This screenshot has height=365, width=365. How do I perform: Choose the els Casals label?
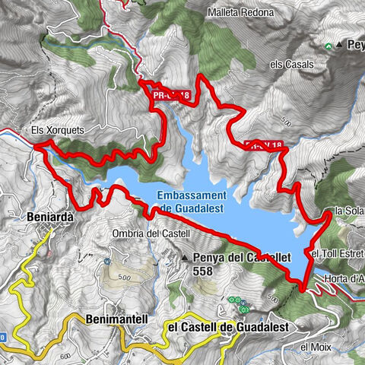pos(292,65)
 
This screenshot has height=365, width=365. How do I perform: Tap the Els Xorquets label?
pos(57,130)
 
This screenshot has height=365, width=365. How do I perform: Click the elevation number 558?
pos(203,271)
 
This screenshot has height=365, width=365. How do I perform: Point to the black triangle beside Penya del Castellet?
pos(184,259)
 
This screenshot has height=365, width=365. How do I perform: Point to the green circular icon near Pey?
pos(328,46)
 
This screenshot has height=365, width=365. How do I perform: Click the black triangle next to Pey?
pos(341,46)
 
